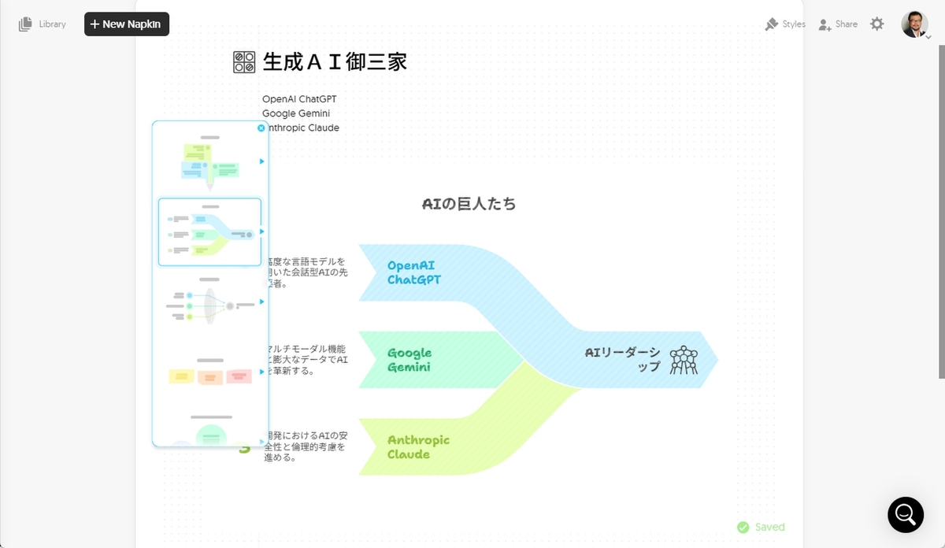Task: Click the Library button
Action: coord(43,24)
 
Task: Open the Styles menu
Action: coord(785,24)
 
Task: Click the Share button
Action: coord(838,24)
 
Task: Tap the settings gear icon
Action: coord(877,24)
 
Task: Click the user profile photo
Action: coord(914,24)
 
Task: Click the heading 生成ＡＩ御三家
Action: coord(335,62)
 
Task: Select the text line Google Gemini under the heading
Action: coord(296,113)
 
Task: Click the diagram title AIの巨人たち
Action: coord(469,204)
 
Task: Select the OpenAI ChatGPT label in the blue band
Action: coord(414,272)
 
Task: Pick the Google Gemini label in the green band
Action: coord(409,360)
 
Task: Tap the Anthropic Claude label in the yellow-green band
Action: coord(418,446)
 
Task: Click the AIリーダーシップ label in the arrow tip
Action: coord(623,359)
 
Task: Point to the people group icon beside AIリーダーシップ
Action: coord(684,360)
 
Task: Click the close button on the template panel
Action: coord(261,128)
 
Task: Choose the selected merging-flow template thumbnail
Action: coord(209,232)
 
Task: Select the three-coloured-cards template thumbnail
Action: coord(209,376)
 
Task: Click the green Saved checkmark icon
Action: coord(743,528)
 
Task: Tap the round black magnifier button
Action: coord(906,515)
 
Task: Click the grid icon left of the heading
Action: coord(244,62)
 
